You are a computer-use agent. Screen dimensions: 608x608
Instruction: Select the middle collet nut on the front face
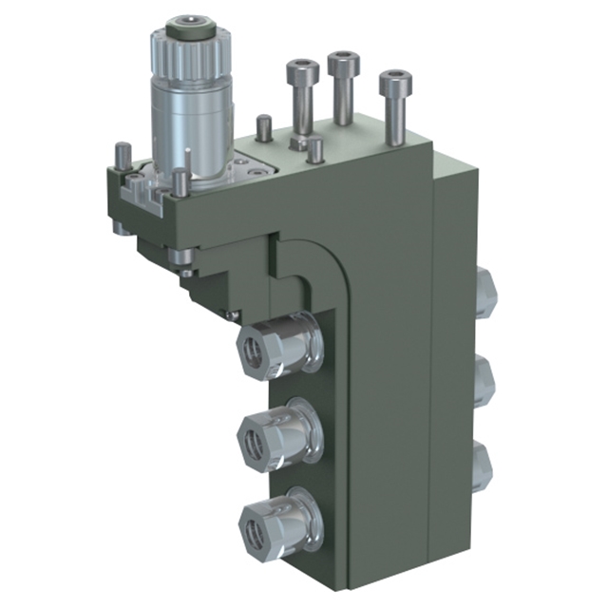click(272, 434)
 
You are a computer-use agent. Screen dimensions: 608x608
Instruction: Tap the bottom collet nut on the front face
click(272, 520)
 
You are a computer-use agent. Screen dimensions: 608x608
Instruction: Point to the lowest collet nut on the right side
click(484, 465)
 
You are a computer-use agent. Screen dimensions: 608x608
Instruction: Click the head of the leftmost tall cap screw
click(301, 71)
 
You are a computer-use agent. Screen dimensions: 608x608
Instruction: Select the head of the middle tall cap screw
click(343, 64)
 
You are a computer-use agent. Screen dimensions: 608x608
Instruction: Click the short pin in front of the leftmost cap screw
click(313, 150)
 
